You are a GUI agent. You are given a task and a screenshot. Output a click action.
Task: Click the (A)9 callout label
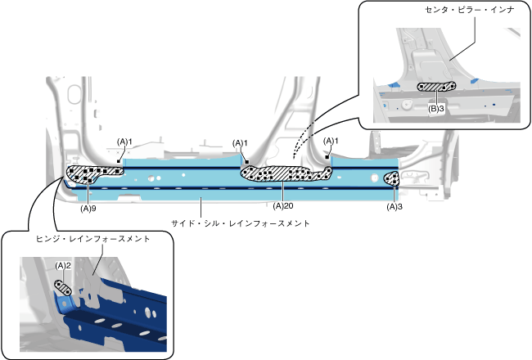[88, 208]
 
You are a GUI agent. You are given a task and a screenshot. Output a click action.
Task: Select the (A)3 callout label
[394, 208]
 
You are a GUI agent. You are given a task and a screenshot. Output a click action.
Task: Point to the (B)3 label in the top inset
[436, 108]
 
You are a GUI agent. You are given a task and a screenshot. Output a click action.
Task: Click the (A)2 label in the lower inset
[64, 266]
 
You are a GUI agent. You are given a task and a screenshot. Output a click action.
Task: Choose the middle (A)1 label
[240, 143]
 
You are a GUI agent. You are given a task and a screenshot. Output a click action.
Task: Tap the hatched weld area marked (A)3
[392, 179]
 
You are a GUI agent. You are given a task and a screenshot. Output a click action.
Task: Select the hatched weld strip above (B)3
[434, 87]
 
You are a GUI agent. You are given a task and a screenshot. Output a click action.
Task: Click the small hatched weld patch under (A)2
[63, 286]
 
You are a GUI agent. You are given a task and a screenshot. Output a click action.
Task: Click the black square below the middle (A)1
[245, 161]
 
